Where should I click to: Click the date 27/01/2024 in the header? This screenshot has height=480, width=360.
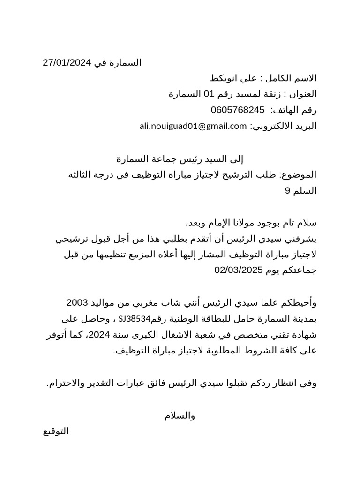coord(65,63)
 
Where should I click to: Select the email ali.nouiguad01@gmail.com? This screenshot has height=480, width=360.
coord(193,126)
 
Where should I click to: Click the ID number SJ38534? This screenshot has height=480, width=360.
coord(135,319)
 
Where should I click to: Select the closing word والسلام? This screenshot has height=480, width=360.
coord(180,416)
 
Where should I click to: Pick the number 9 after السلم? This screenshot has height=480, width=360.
coord(288,191)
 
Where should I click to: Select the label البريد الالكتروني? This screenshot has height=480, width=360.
coord(285,126)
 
